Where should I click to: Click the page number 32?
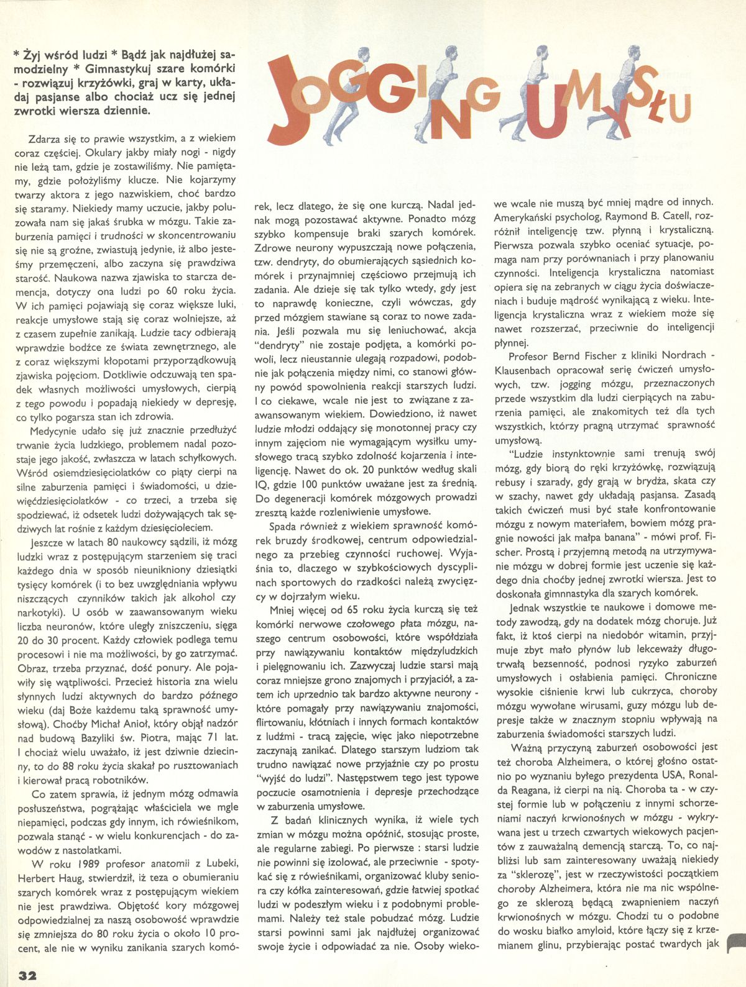click(x=27, y=975)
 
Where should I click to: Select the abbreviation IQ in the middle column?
click(x=262, y=483)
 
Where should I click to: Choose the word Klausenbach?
click(x=523, y=370)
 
